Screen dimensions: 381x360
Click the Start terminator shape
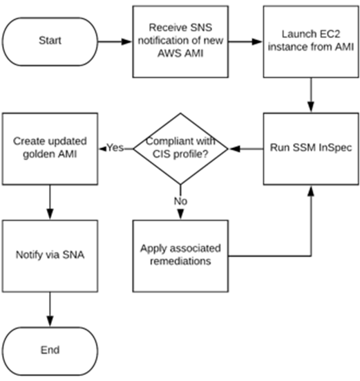click(x=50, y=41)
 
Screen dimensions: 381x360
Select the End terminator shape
click(x=50, y=350)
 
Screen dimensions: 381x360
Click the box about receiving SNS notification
click(x=180, y=41)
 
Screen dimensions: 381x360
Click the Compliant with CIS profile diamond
click(x=180, y=148)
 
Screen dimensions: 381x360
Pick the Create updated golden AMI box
click(x=50, y=148)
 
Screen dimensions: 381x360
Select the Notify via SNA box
click(x=50, y=255)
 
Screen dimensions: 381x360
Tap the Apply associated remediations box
click(x=180, y=255)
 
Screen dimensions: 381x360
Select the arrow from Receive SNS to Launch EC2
click(x=245, y=41)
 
